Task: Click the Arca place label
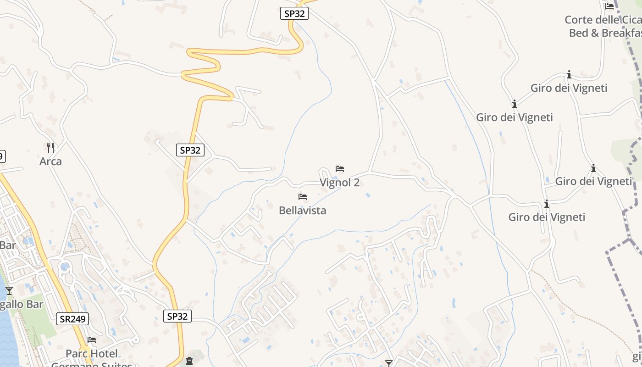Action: [50, 161]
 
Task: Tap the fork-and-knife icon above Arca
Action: [50, 147]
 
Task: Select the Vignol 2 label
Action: [339, 183]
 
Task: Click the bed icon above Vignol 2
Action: [340, 169]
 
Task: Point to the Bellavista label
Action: [303, 211]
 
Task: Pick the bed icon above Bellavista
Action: [303, 197]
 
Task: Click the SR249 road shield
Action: [72, 319]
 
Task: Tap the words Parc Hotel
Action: [92, 354]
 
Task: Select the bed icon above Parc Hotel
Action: [92, 340]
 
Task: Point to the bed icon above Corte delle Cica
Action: [609, 6]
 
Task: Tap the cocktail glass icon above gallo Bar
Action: [9, 290]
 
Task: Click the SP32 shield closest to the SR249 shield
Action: [177, 316]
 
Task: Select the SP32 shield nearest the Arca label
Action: [190, 150]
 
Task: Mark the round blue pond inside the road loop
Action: [65, 267]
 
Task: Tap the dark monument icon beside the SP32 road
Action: [189, 361]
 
